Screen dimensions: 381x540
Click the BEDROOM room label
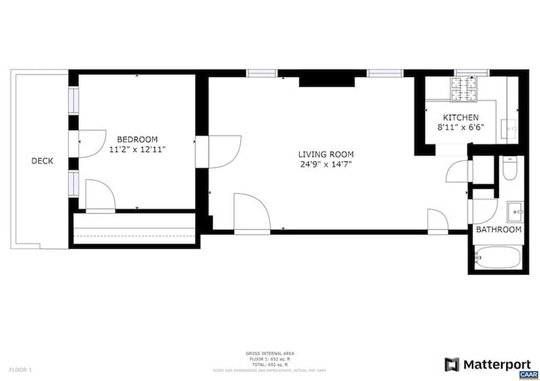pyautogui.click(x=137, y=139)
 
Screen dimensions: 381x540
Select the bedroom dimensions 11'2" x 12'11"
pyautogui.click(x=137, y=150)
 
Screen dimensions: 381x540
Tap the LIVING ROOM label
pyautogui.click(x=326, y=154)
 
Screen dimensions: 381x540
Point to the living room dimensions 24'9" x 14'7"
pyautogui.click(x=326, y=164)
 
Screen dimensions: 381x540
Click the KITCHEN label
pyautogui.click(x=460, y=117)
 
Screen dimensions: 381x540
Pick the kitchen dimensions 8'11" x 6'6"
pyautogui.click(x=460, y=128)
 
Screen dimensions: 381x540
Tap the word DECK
pyautogui.click(x=42, y=161)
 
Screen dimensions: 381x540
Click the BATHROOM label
pyautogui.click(x=498, y=230)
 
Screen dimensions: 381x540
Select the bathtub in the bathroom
pyautogui.click(x=498, y=257)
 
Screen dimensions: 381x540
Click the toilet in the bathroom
pyautogui.click(x=510, y=169)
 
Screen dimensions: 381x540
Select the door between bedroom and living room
pyautogui.click(x=211, y=150)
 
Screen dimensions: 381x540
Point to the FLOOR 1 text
pyautogui.click(x=20, y=369)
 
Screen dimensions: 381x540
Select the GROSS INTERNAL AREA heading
pyautogui.click(x=270, y=353)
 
